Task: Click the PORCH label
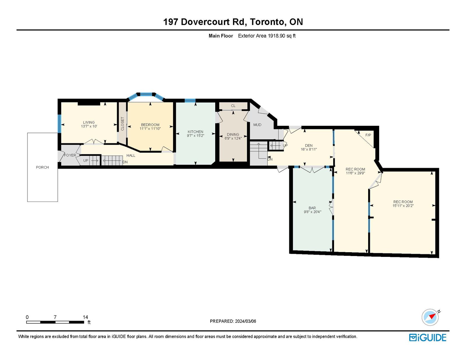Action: (42, 167)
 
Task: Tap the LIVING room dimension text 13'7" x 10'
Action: (89, 126)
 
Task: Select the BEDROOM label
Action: (150, 125)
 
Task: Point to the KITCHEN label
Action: (195, 132)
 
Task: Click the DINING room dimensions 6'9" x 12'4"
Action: (233, 138)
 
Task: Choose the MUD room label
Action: (257, 125)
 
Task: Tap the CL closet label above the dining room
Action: (233, 106)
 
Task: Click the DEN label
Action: (309, 145)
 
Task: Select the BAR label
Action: (312, 208)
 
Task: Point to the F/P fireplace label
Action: (368, 135)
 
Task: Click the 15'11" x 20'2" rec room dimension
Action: (403, 206)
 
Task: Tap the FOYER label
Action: (70, 155)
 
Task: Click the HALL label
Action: (131, 156)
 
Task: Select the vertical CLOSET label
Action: (122, 124)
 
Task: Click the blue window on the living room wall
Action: (59, 123)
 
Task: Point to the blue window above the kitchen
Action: (190, 100)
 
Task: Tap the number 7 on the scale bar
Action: (55, 317)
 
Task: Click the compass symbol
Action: (430, 317)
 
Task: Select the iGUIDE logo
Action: (428, 338)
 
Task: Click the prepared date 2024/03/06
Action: (246, 321)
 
